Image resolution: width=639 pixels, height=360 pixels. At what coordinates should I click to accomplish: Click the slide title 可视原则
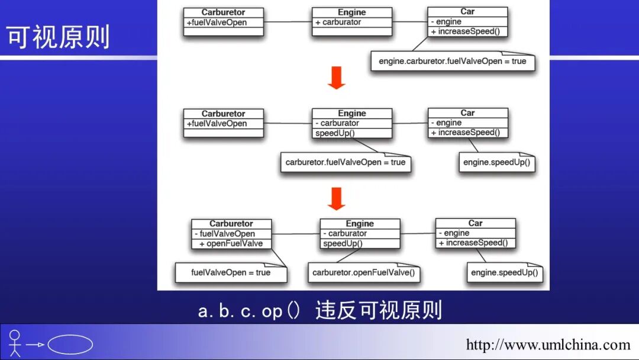pyautogui.click(x=59, y=37)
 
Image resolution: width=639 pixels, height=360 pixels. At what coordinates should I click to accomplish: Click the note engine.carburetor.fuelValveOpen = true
pyautogui.click(x=452, y=61)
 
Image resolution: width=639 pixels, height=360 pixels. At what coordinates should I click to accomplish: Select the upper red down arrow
pyautogui.click(x=336, y=78)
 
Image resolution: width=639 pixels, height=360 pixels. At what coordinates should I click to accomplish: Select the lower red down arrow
pyautogui.click(x=336, y=198)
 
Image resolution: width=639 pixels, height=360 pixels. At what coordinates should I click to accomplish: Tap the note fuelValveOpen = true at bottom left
pyautogui.click(x=231, y=273)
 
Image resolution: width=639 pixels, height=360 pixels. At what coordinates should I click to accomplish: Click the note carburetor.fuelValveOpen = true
pyautogui.click(x=346, y=162)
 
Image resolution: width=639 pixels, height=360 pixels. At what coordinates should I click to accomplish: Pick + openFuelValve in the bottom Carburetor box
pyautogui.click(x=231, y=243)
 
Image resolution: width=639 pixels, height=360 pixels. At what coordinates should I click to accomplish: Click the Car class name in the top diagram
pyautogui.click(x=467, y=11)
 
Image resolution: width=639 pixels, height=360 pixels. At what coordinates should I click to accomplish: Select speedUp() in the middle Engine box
pyautogui.click(x=334, y=133)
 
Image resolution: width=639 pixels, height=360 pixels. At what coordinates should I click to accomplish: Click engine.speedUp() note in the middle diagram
pyautogui.click(x=496, y=162)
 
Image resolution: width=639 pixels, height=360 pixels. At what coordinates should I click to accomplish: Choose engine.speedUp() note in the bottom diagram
pyautogui.click(x=504, y=273)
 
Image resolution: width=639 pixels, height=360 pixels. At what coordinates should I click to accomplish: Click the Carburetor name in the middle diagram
pyautogui.click(x=223, y=114)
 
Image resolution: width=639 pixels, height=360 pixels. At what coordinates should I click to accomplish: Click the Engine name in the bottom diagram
pyautogui.click(x=360, y=224)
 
